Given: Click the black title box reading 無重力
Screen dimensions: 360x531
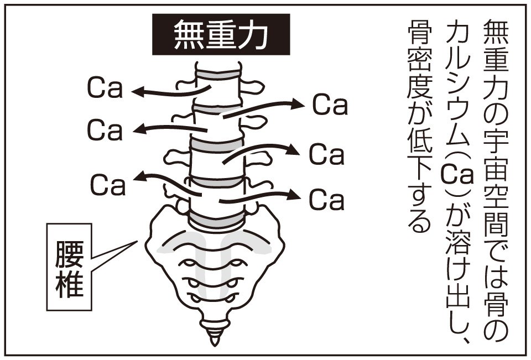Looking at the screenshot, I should point(221,35).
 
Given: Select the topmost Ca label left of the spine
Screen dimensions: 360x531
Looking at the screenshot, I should point(104,88).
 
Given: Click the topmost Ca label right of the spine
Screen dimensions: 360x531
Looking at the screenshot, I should point(330,105).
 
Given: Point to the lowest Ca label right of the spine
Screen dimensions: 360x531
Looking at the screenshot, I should point(326,200).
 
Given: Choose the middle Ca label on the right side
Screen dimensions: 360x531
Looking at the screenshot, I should point(326,154).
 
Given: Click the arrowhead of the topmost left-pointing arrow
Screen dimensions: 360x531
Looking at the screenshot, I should point(138,92).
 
